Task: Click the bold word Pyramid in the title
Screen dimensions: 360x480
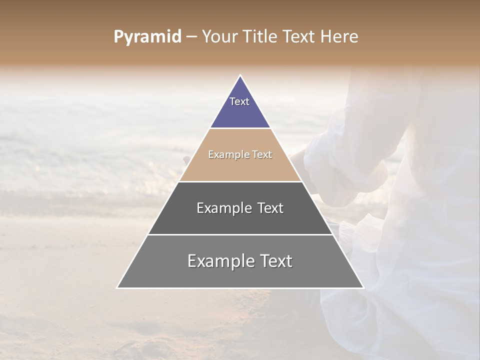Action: coord(147,37)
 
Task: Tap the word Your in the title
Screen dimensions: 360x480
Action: coord(219,37)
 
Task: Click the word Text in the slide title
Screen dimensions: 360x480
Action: coord(299,37)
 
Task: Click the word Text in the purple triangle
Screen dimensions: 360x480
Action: coord(239,101)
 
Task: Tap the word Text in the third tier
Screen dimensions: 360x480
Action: coord(270,208)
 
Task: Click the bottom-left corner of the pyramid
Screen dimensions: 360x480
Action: coord(117,287)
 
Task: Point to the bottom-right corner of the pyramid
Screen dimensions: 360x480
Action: coord(363,287)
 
